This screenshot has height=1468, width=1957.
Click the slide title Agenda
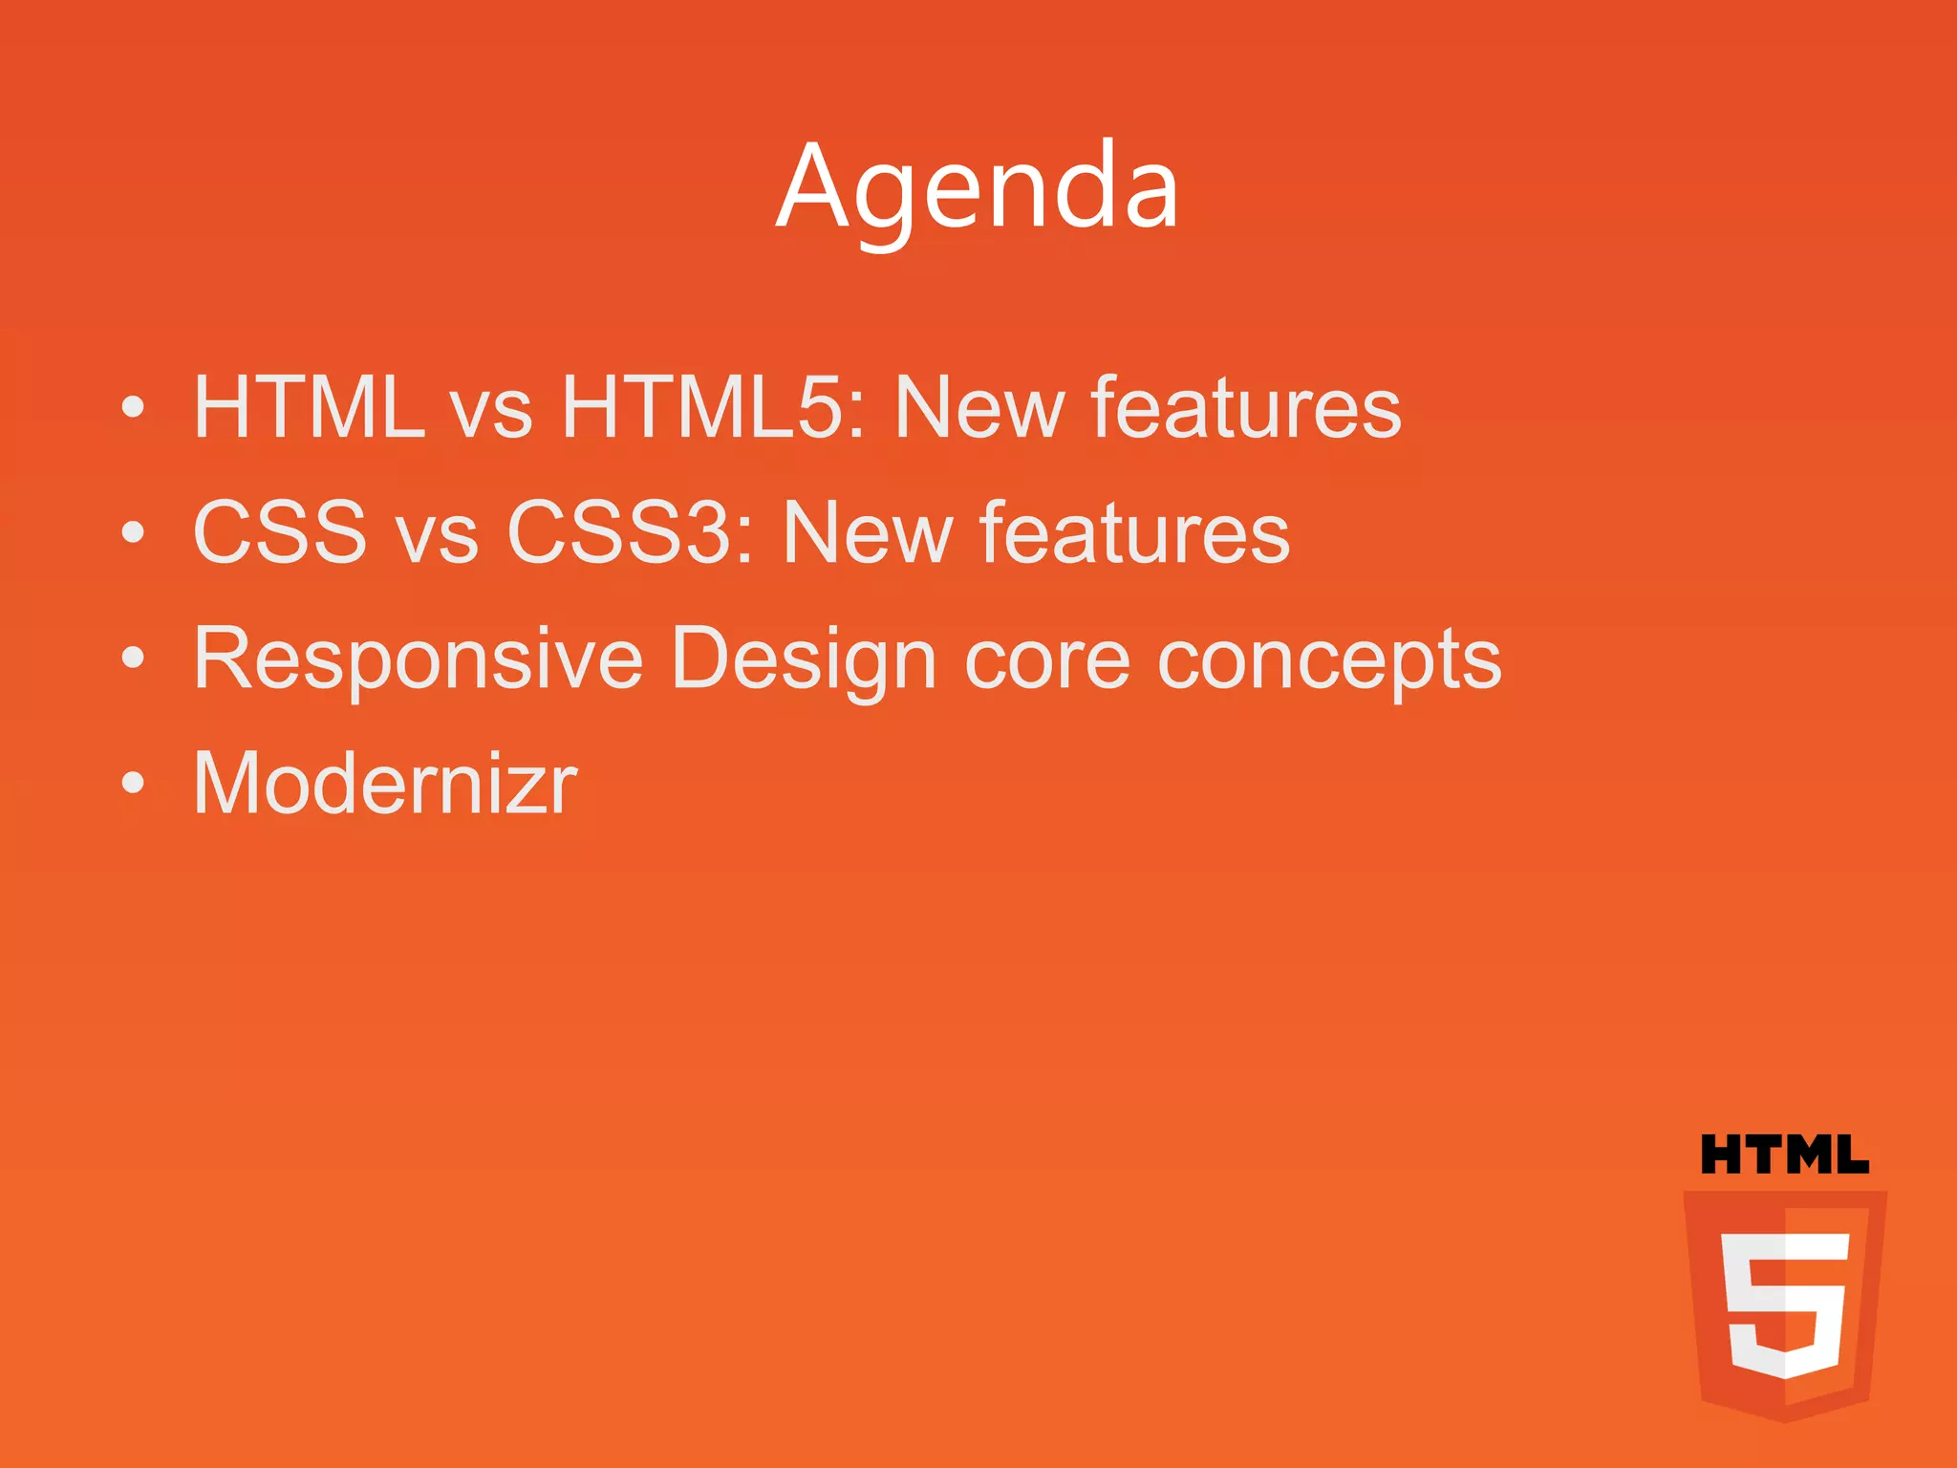point(978,187)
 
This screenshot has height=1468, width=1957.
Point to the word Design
point(804,659)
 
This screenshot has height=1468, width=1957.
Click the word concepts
point(1329,659)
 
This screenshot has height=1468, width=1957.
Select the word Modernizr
point(385,784)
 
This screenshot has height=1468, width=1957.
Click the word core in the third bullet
point(1047,659)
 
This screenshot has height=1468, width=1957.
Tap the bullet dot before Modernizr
point(134,784)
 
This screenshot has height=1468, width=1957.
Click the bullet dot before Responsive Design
point(134,658)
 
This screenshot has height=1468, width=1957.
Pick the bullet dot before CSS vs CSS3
point(134,533)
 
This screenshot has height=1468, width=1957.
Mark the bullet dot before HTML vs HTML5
point(134,408)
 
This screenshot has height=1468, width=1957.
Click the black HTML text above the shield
point(1784,1155)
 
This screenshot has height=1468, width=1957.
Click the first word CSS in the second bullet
point(280,533)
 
